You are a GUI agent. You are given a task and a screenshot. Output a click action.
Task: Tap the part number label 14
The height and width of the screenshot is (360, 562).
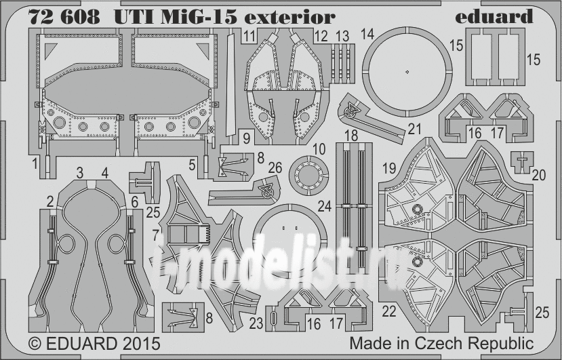tap(368, 34)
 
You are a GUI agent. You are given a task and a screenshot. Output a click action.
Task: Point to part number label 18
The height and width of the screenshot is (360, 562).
tap(351, 136)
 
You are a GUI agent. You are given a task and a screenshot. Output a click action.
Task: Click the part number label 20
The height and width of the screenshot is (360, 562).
tap(538, 175)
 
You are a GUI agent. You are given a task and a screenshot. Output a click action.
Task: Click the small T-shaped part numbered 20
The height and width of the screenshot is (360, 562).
tap(523, 160)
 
